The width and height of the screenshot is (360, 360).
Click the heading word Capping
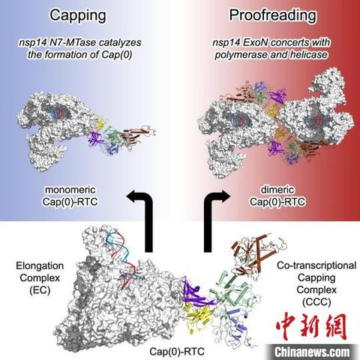(x=78, y=16)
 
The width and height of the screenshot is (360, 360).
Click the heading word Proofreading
(x=273, y=16)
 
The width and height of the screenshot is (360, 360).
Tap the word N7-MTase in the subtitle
(x=72, y=43)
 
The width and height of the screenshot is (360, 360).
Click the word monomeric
(x=70, y=190)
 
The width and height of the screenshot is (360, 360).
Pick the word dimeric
(x=277, y=190)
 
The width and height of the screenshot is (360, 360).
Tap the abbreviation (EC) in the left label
(x=40, y=290)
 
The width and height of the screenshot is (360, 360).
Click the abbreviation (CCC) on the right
(x=316, y=302)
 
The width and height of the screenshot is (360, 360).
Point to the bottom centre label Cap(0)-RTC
(x=177, y=351)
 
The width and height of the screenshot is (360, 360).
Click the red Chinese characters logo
(x=311, y=326)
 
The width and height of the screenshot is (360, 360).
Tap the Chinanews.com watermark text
(x=312, y=352)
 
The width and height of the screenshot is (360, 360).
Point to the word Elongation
(x=40, y=265)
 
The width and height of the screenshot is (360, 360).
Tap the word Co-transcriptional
(x=316, y=265)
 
